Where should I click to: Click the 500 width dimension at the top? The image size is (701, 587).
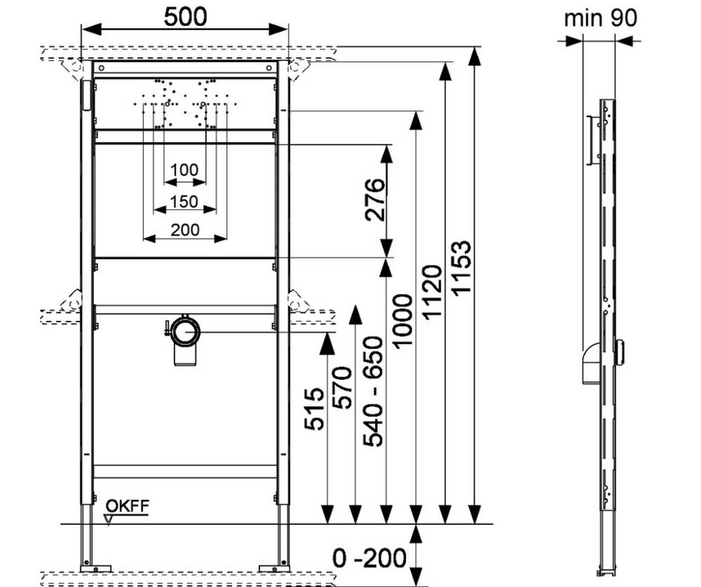tap(185, 17)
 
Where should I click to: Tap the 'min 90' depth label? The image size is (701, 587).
tap(600, 18)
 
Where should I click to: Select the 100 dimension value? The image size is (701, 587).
tap(184, 170)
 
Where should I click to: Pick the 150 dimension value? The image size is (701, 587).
tap(184, 201)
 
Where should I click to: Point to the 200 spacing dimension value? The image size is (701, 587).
tap(185, 229)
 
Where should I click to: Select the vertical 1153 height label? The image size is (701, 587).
tap(461, 268)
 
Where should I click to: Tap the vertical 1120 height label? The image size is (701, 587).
tap(432, 293)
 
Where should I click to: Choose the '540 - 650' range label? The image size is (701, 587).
tap(373, 391)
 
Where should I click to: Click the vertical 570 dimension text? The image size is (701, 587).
tap(343, 387)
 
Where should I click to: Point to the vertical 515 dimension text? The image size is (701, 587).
tap(314, 409)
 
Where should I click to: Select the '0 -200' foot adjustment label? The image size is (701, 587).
tap(369, 558)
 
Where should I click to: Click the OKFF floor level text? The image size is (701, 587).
tap(127, 506)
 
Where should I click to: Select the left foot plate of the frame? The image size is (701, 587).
tap(95, 568)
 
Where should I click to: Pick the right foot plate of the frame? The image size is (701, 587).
tap(274, 568)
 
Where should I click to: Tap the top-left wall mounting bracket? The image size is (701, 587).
tap(72, 69)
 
